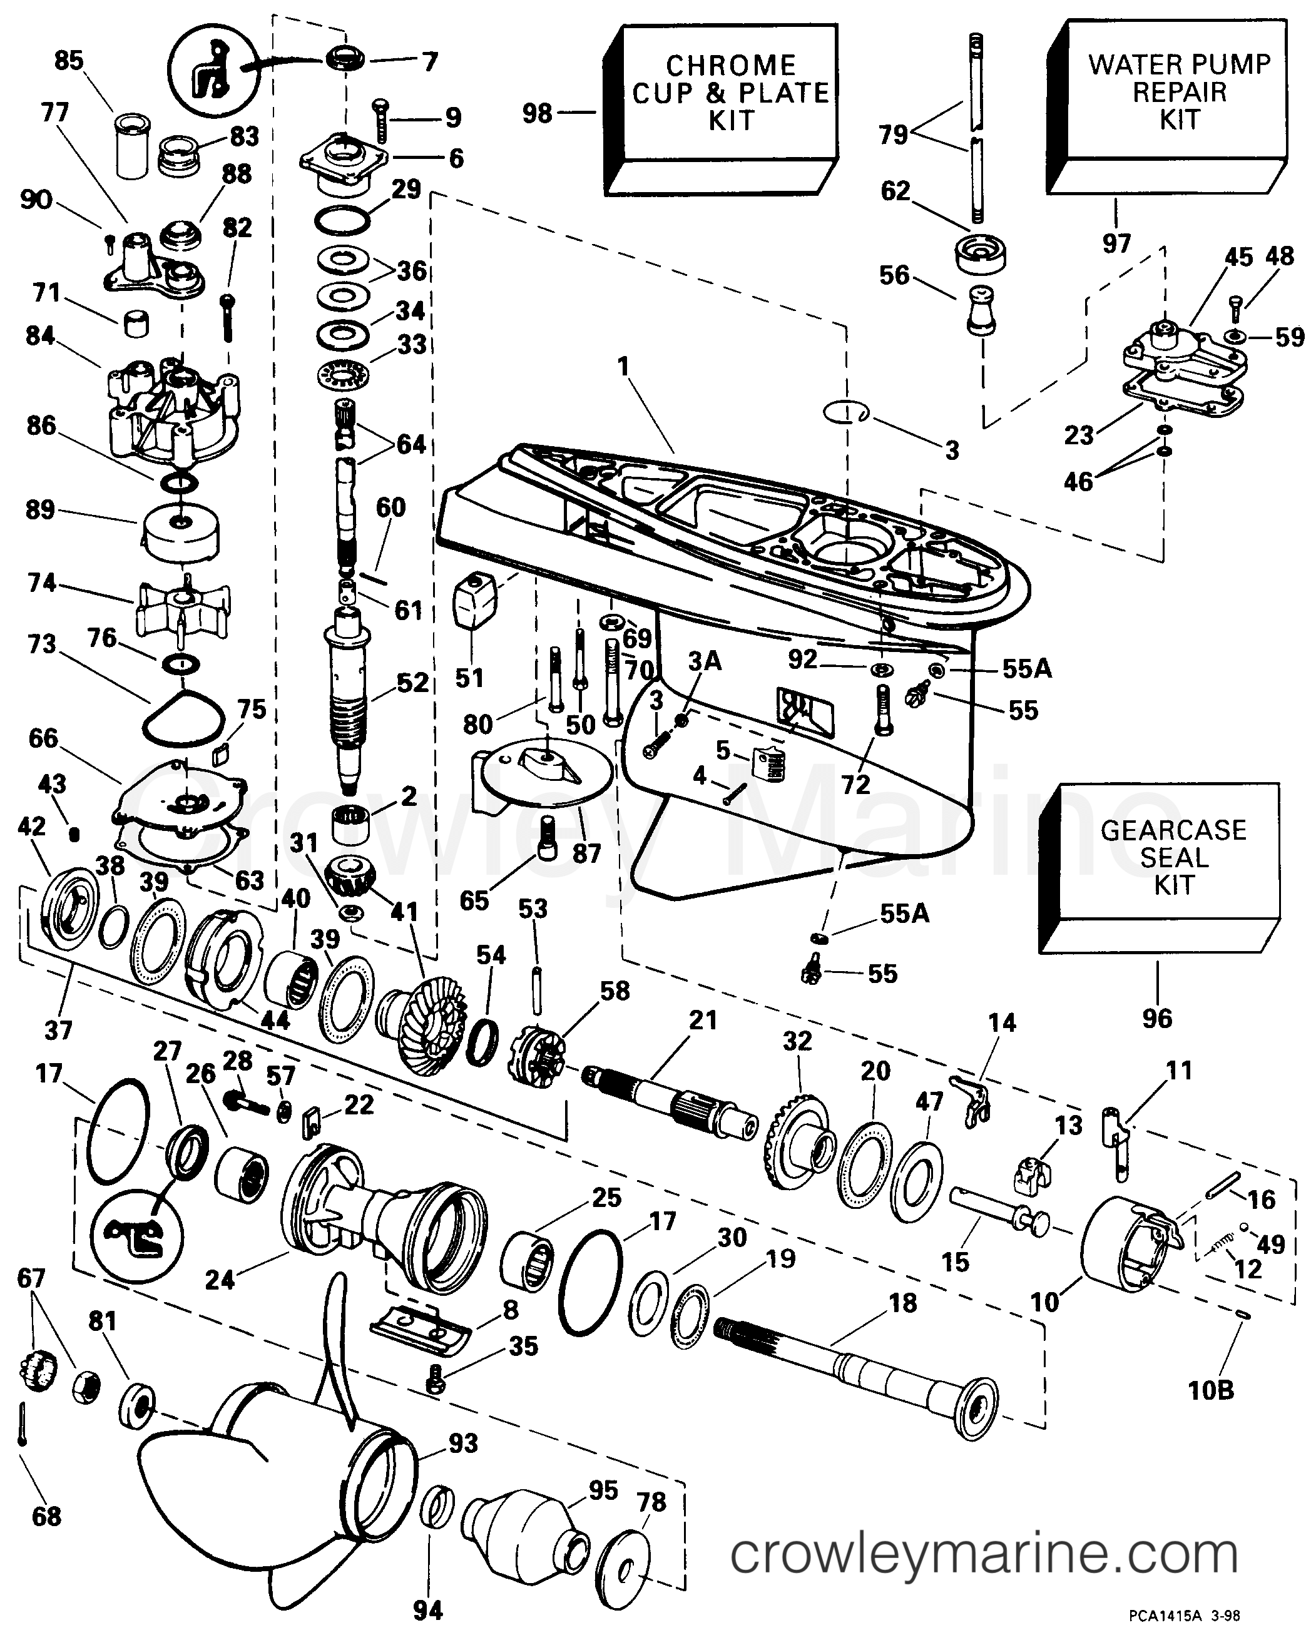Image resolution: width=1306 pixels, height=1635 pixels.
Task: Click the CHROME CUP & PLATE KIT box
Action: pyautogui.click(x=730, y=93)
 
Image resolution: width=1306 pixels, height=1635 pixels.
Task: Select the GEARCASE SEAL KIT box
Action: pyautogui.click(x=1173, y=857)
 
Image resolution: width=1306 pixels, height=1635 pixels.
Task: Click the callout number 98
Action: pyautogui.click(x=537, y=114)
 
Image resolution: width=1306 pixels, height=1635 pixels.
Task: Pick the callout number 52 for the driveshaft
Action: pyautogui.click(x=412, y=683)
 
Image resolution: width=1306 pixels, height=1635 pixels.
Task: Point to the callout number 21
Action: pyautogui.click(x=702, y=1020)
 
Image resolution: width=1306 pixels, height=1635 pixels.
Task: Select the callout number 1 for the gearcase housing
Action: pyautogui.click(x=623, y=367)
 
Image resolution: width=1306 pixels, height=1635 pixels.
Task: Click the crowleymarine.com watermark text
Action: pyautogui.click(x=984, y=1556)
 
